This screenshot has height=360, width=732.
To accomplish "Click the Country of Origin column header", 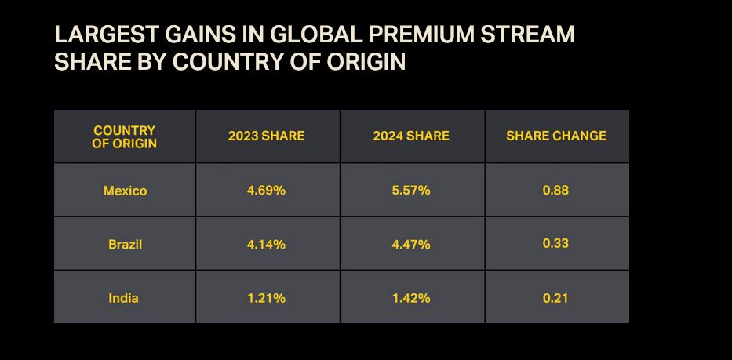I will point(125,136).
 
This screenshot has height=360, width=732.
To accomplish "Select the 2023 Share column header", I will point(266,136).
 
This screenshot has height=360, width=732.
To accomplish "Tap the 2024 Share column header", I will point(411,136).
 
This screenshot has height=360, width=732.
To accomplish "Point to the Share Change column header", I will point(556,136).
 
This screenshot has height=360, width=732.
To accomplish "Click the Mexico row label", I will point(125,191).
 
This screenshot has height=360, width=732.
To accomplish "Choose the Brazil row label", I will point(125,244).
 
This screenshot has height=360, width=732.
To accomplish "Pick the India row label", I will point(124,298).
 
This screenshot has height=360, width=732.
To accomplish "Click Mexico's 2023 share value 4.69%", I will point(266,191).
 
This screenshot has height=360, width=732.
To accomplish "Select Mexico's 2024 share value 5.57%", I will point(411,191).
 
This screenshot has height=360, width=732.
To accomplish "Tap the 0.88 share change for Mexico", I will point(555,190).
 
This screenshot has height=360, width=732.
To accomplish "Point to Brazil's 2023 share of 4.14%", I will point(266,244).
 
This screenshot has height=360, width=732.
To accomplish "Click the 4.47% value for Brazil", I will point(411,244).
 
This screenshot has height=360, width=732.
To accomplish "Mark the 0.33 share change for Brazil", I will point(555,243).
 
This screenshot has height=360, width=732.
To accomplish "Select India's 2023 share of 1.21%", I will point(266,298).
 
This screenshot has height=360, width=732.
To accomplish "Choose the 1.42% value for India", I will point(411,298).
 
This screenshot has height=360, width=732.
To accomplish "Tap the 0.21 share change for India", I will point(555,298).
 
